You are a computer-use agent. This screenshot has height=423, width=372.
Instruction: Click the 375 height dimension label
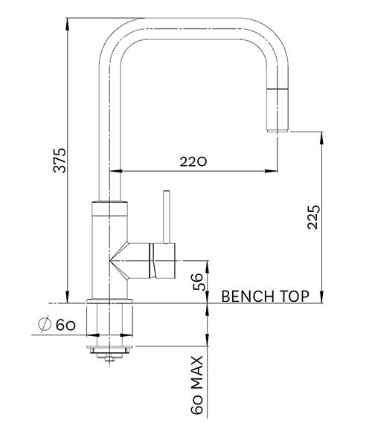coord(59,161)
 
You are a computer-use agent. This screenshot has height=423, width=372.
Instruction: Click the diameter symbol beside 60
coord(43,324)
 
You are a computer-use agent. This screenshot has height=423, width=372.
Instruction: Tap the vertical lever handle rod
coord(165,217)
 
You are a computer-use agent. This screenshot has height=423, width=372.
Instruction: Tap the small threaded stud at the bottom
coord(110,359)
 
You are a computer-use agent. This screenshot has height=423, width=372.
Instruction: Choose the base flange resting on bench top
coord(110,300)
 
